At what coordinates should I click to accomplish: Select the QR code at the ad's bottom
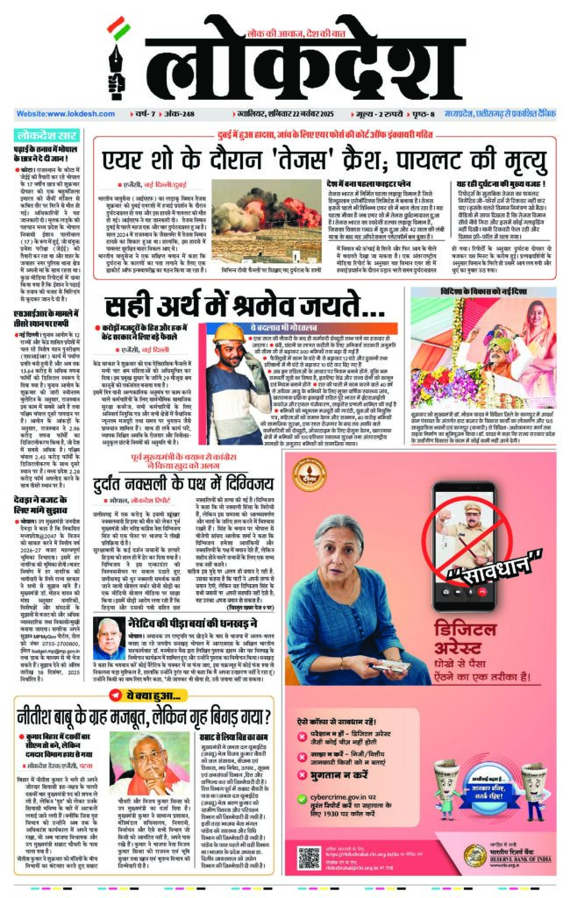[310, 857]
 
